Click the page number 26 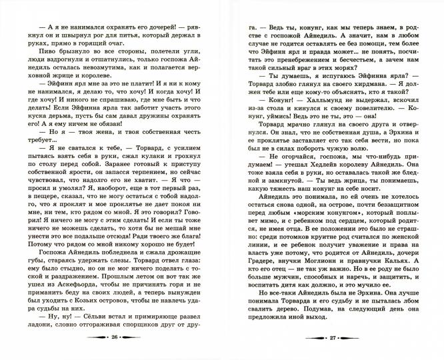tap(113, 339)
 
